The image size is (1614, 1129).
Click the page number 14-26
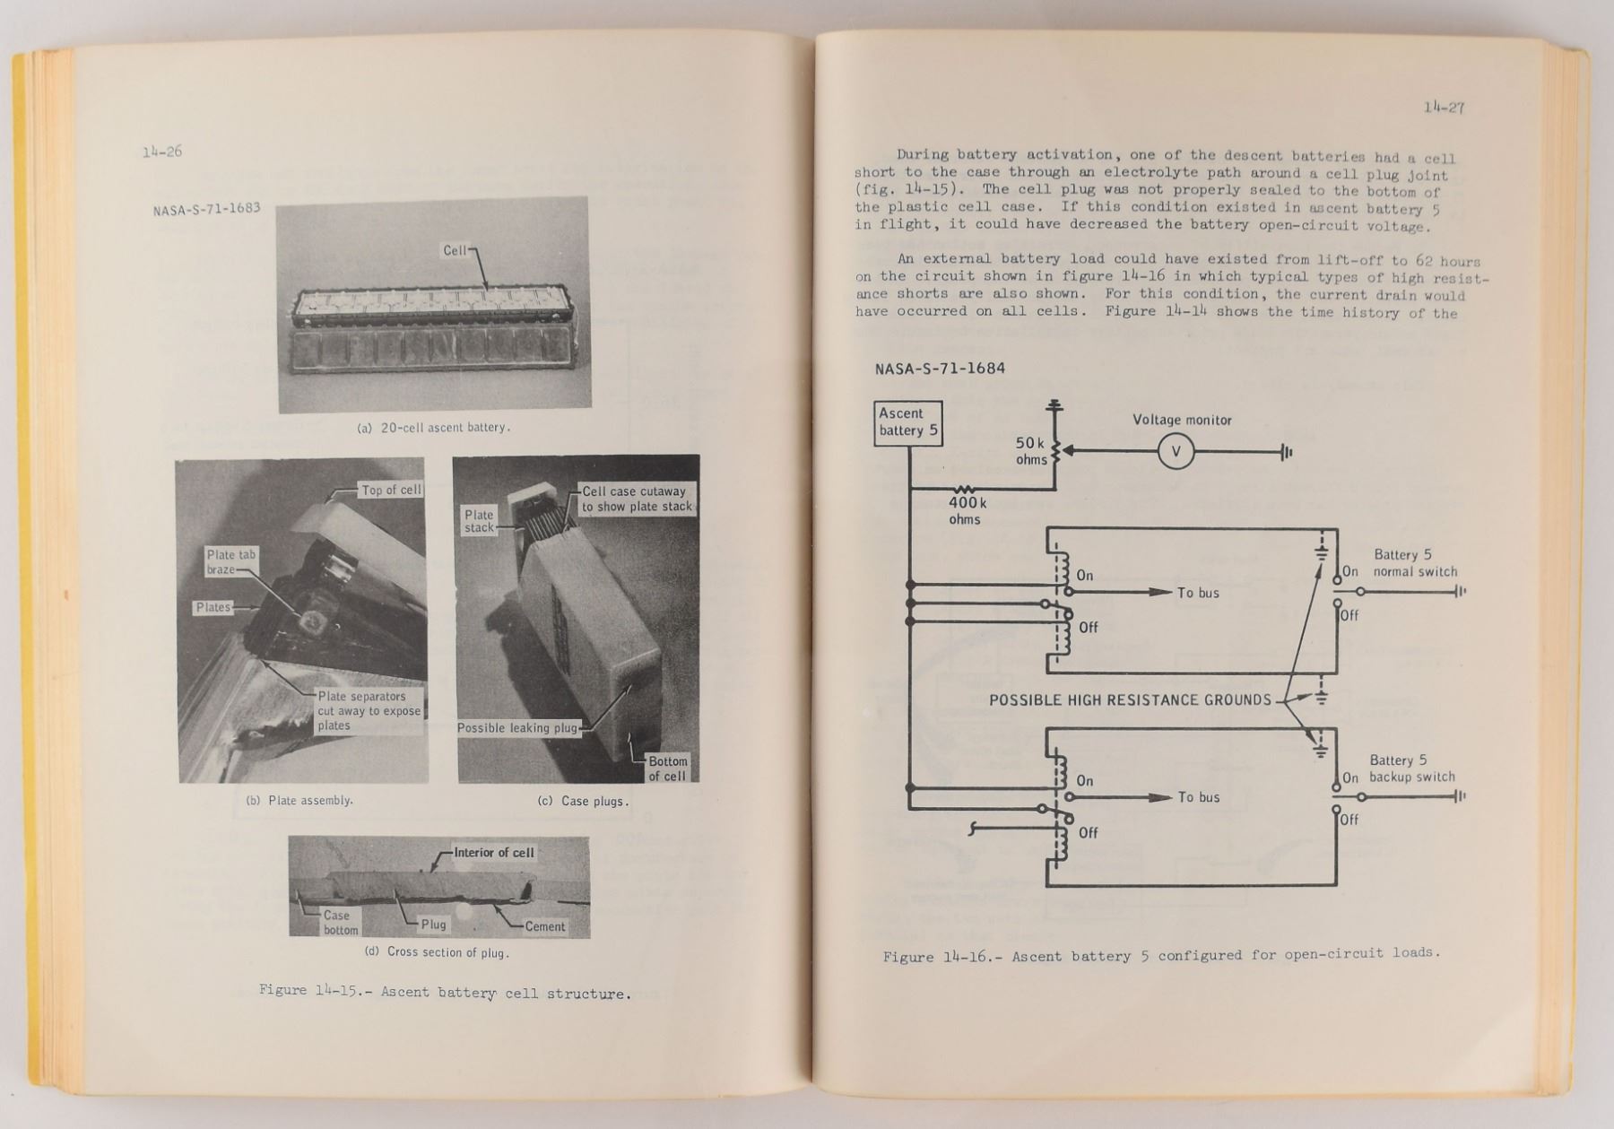pos(161,152)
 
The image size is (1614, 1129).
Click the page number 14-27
pos(1444,108)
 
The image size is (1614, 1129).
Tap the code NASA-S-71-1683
pos(206,209)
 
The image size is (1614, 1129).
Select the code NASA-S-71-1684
pos(940,369)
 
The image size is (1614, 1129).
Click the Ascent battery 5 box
pos(908,422)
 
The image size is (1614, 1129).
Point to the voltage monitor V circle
pos(1176,452)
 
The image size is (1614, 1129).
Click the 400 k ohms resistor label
pos(967,510)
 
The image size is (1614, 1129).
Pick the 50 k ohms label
pos(1030,451)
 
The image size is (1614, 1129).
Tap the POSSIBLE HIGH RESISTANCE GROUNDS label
pos(1130,699)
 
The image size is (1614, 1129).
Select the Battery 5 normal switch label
pos(1414,563)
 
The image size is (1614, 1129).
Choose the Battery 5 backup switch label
pos(1411,769)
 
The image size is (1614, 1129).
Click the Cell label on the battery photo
pos(456,250)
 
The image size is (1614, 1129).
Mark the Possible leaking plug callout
pos(517,727)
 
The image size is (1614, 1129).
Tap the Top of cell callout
pos(391,490)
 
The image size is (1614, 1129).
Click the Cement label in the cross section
pos(544,926)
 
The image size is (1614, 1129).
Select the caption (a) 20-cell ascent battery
pos(434,428)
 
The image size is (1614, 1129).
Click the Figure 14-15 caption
pos(445,993)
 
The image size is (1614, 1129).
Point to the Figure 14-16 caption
pos(1161,955)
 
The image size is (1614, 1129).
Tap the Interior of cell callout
pos(493,852)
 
